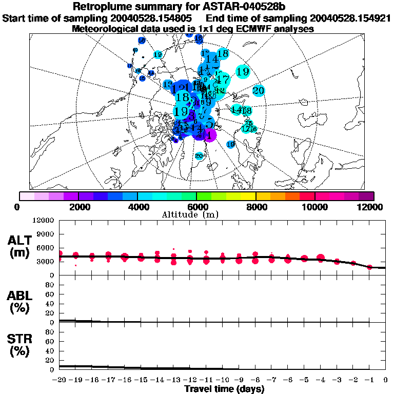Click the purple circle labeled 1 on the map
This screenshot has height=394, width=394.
coord(209,135)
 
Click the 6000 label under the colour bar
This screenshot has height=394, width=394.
coord(196,207)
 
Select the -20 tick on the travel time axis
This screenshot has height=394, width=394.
coord(60,380)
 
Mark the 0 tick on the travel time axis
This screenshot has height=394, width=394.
coord(386,380)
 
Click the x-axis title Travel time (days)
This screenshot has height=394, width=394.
coord(224,389)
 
